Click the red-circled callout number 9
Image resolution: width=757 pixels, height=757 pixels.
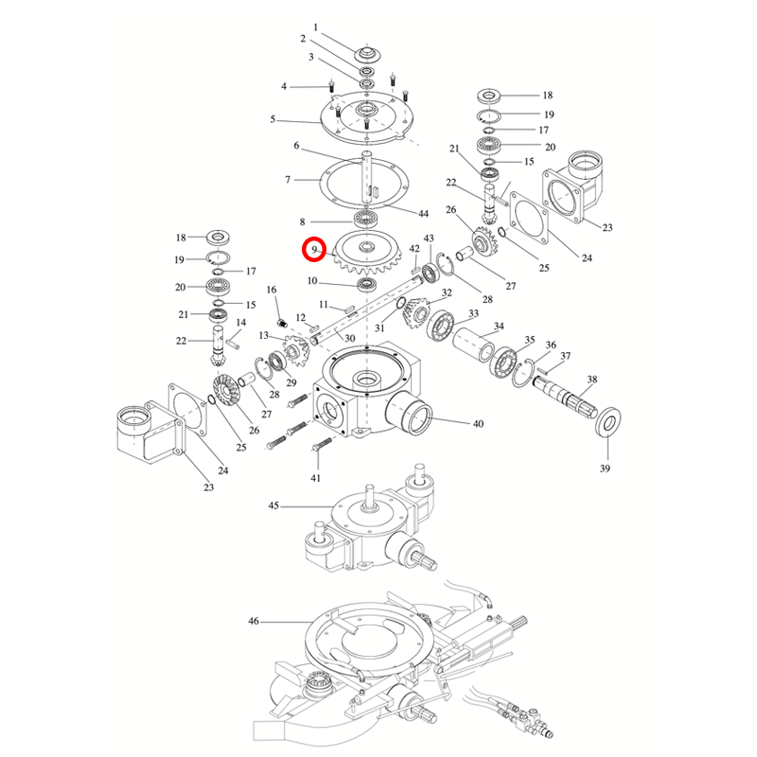pyautogui.click(x=313, y=250)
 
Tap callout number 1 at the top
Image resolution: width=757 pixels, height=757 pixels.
pyautogui.click(x=316, y=27)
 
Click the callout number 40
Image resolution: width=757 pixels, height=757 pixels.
pyautogui.click(x=478, y=424)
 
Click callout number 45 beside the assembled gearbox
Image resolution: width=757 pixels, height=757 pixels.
pyautogui.click(x=273, y=506)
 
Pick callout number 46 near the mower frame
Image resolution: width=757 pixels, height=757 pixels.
pyautogui.click(x=253, y=622)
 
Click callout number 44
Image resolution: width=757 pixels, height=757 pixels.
pyautogui.click(x=424, y=215)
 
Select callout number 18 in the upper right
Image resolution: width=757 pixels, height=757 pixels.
pyautogui.click(x=547, y=96)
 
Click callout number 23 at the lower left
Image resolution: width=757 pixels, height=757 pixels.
pyautogui.click(x=208, y=487)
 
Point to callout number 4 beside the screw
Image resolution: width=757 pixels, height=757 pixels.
pyautogui.click(x=283, y=87)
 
